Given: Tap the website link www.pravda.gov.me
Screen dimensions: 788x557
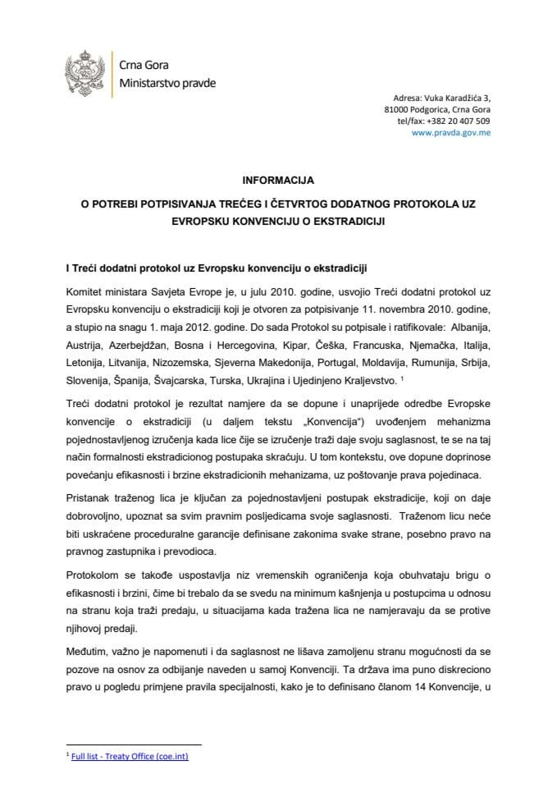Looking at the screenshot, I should [x=450, y=131].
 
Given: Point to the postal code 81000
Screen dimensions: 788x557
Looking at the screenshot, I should [x=396, y=108].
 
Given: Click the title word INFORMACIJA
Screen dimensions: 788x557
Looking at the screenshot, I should [x=279, y=177].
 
